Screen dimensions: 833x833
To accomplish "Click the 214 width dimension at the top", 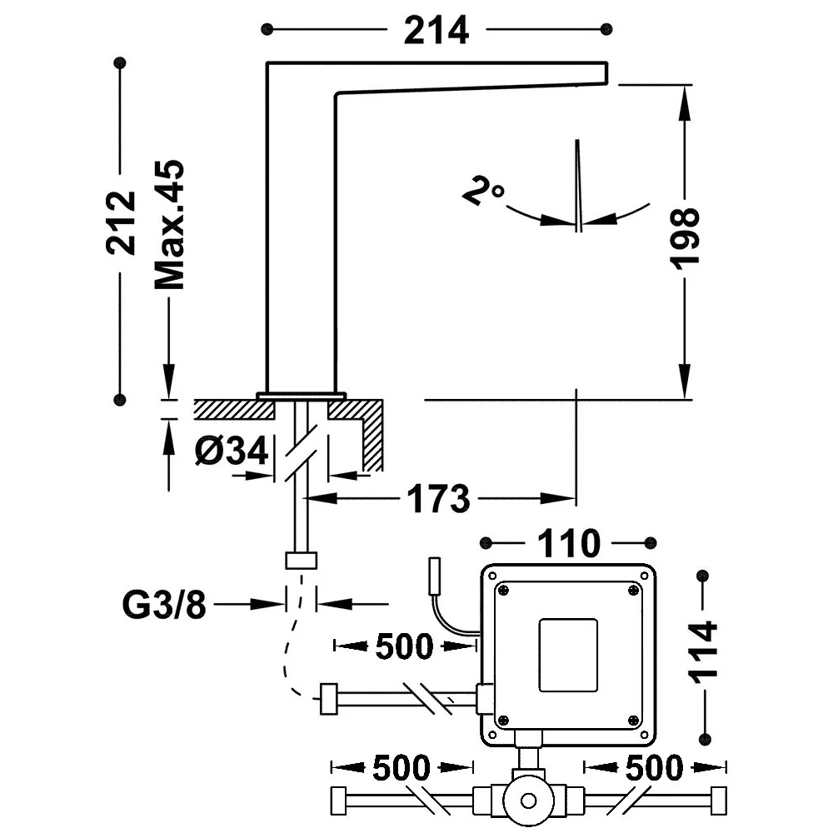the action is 436,31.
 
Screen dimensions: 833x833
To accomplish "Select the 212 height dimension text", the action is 121,222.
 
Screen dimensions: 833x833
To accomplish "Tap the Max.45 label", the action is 169,224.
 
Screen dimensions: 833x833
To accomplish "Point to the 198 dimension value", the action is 684,239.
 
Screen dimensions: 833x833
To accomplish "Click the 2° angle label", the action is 482,192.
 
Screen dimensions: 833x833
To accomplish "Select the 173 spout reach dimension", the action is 438,499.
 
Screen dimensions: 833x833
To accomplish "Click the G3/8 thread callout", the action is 163,605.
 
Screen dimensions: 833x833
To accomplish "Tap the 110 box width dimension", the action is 568,543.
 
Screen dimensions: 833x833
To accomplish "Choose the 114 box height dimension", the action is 702,652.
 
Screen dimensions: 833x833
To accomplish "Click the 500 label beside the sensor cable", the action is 404,646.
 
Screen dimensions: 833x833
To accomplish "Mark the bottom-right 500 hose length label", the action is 654,768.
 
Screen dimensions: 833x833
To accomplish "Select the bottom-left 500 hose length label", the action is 402,768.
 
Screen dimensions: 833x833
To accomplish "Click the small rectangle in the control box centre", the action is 568,656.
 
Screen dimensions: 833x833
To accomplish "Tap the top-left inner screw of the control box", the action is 503,590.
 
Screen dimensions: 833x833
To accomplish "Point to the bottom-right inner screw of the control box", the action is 633,721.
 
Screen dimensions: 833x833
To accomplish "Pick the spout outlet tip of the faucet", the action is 606,73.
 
